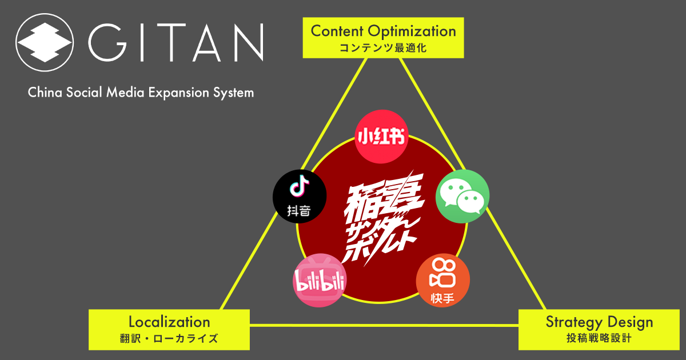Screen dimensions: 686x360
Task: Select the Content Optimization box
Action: (383, 37)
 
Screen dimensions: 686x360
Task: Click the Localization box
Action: (169, 329)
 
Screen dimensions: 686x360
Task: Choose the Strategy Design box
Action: (599, 329)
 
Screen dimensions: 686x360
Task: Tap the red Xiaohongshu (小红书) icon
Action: (382, 137)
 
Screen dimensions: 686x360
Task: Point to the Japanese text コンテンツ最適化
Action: (383, 48)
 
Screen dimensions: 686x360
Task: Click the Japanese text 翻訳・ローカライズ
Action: (169, 338)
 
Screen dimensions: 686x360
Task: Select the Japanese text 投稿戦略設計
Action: (599, 338)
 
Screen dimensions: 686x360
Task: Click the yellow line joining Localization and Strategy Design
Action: (383, 326)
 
